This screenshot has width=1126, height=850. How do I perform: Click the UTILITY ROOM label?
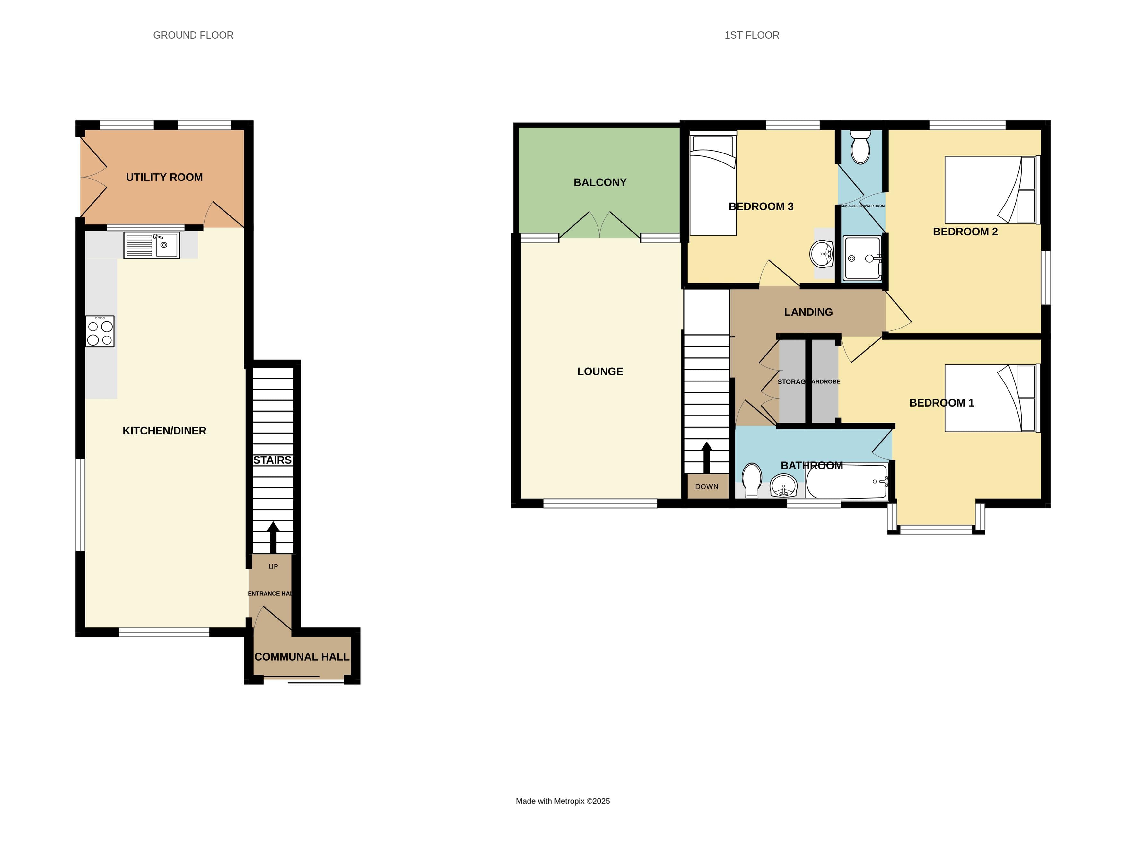coord(164,177)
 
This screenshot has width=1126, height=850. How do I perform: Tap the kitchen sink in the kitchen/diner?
coord(152,245)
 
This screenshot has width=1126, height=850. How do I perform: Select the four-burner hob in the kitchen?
coord(100,332)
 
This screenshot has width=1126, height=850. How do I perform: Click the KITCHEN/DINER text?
coord(164,431)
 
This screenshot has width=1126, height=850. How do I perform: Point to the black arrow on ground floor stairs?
coord(273,537)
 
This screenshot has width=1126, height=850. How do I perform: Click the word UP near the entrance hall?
coord(273,566)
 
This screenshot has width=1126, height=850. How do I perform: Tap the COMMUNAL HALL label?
coord(302,657)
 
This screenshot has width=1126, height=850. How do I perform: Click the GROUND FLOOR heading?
coord(193,35)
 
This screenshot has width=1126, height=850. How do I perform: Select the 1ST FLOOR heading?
coord(752,35)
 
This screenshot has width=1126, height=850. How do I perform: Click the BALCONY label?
coord(600,182)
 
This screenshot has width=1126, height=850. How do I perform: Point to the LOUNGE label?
coord(600,372)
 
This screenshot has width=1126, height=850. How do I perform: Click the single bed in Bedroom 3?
coord(713,183)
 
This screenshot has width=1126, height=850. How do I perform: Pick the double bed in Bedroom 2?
coord(990,189)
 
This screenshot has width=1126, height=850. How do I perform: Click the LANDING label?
coord(808,312)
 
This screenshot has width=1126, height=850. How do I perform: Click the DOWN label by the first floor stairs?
coord(707,486)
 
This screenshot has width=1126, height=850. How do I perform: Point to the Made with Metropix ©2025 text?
coord(563,801)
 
